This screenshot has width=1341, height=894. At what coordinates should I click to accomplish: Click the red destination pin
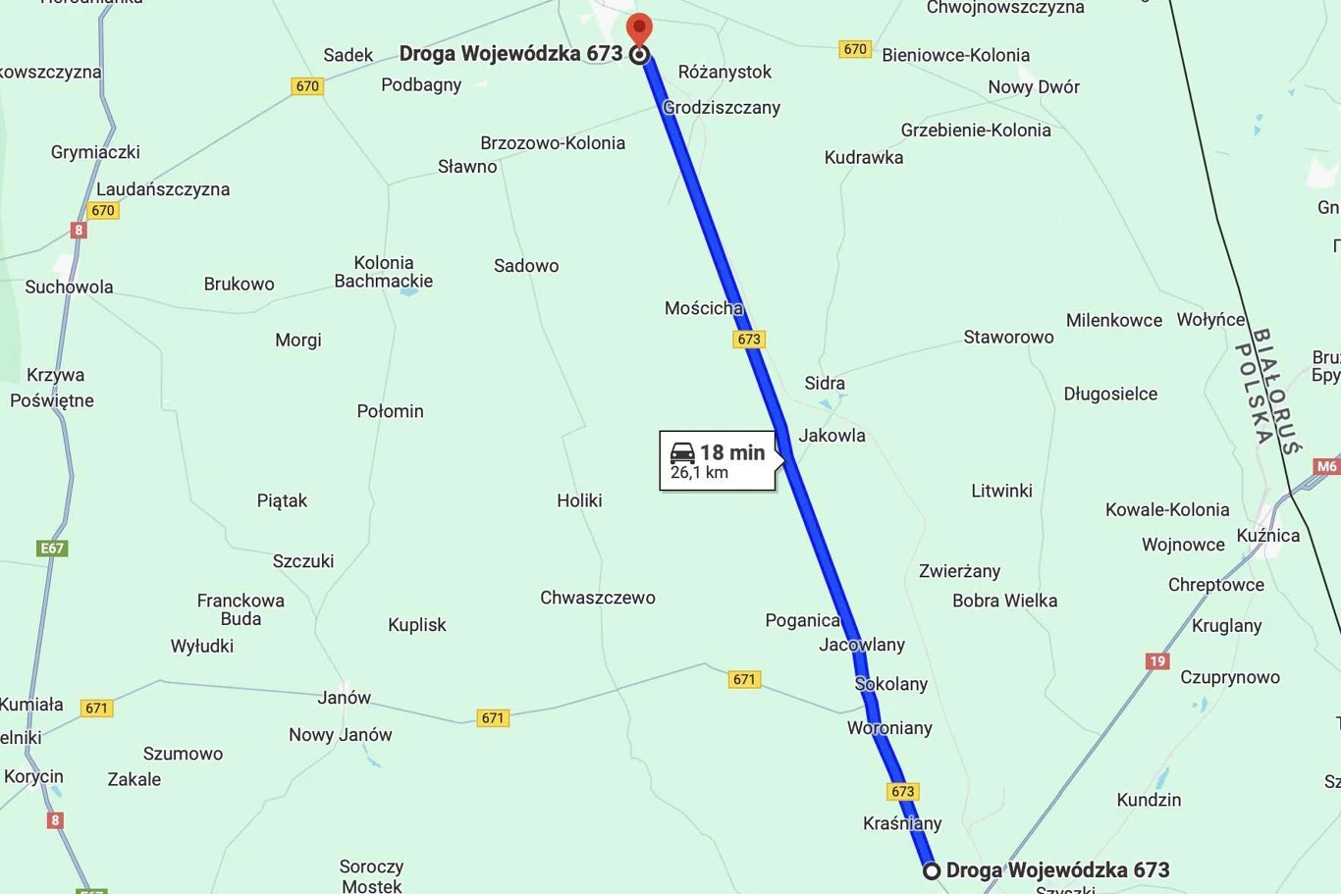point(639,29)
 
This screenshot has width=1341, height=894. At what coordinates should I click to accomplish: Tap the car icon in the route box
point(682,453)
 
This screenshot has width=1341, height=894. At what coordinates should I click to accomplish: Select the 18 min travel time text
point(732,452)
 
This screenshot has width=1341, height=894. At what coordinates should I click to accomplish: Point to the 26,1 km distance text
point(699,473)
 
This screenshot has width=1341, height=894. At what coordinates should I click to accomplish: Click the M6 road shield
point(1327,467)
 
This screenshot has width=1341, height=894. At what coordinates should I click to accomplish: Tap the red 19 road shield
point(1157,661)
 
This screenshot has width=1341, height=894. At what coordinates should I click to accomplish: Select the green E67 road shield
point(52,549)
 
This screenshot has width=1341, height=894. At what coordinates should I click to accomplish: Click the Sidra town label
point(825,383)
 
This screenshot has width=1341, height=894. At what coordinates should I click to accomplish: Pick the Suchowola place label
point(69,287)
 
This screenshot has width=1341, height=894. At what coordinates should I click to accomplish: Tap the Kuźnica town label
point(1268,535)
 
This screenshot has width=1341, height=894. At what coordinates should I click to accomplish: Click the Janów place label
point(344,698)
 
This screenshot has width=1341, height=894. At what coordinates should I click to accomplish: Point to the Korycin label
point(33,776)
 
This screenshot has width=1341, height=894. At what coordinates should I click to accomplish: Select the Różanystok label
point(724,72)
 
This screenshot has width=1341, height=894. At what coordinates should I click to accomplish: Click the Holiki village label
point(579,500)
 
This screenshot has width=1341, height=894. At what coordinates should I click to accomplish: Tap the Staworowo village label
point(1008,337)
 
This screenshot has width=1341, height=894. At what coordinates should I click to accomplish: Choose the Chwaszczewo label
point(598,598)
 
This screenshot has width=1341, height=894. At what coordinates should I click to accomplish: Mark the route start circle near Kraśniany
point(932,870)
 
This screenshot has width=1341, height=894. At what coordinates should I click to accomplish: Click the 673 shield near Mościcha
point(749,340)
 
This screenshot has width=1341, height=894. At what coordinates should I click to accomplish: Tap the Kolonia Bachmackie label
point(383,272)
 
